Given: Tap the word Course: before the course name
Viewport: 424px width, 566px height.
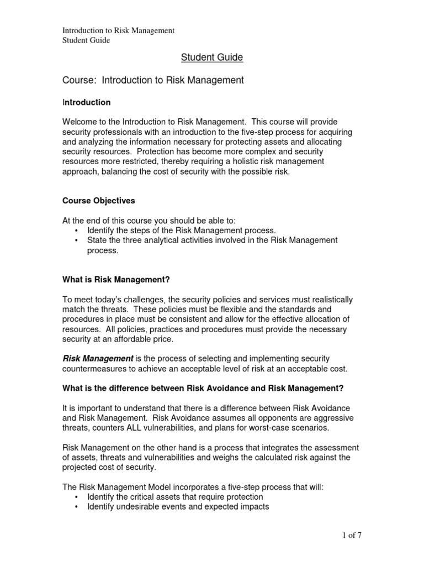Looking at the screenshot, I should pyautogui.click(x=79, y=80).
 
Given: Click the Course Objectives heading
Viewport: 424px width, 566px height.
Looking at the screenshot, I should pyautogui.click(x=98, y=201).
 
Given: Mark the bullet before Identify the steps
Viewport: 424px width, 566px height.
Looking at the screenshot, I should pyautogui.click(x=76, y=230).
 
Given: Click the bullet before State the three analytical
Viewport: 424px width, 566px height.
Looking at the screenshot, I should pyautogui.click(x=76, y=240).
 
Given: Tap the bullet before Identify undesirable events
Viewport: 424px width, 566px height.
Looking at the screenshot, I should pyautogui.click(x=76, y=507).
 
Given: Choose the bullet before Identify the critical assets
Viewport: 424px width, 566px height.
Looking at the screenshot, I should pyautogui.click(x=76, y=497).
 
